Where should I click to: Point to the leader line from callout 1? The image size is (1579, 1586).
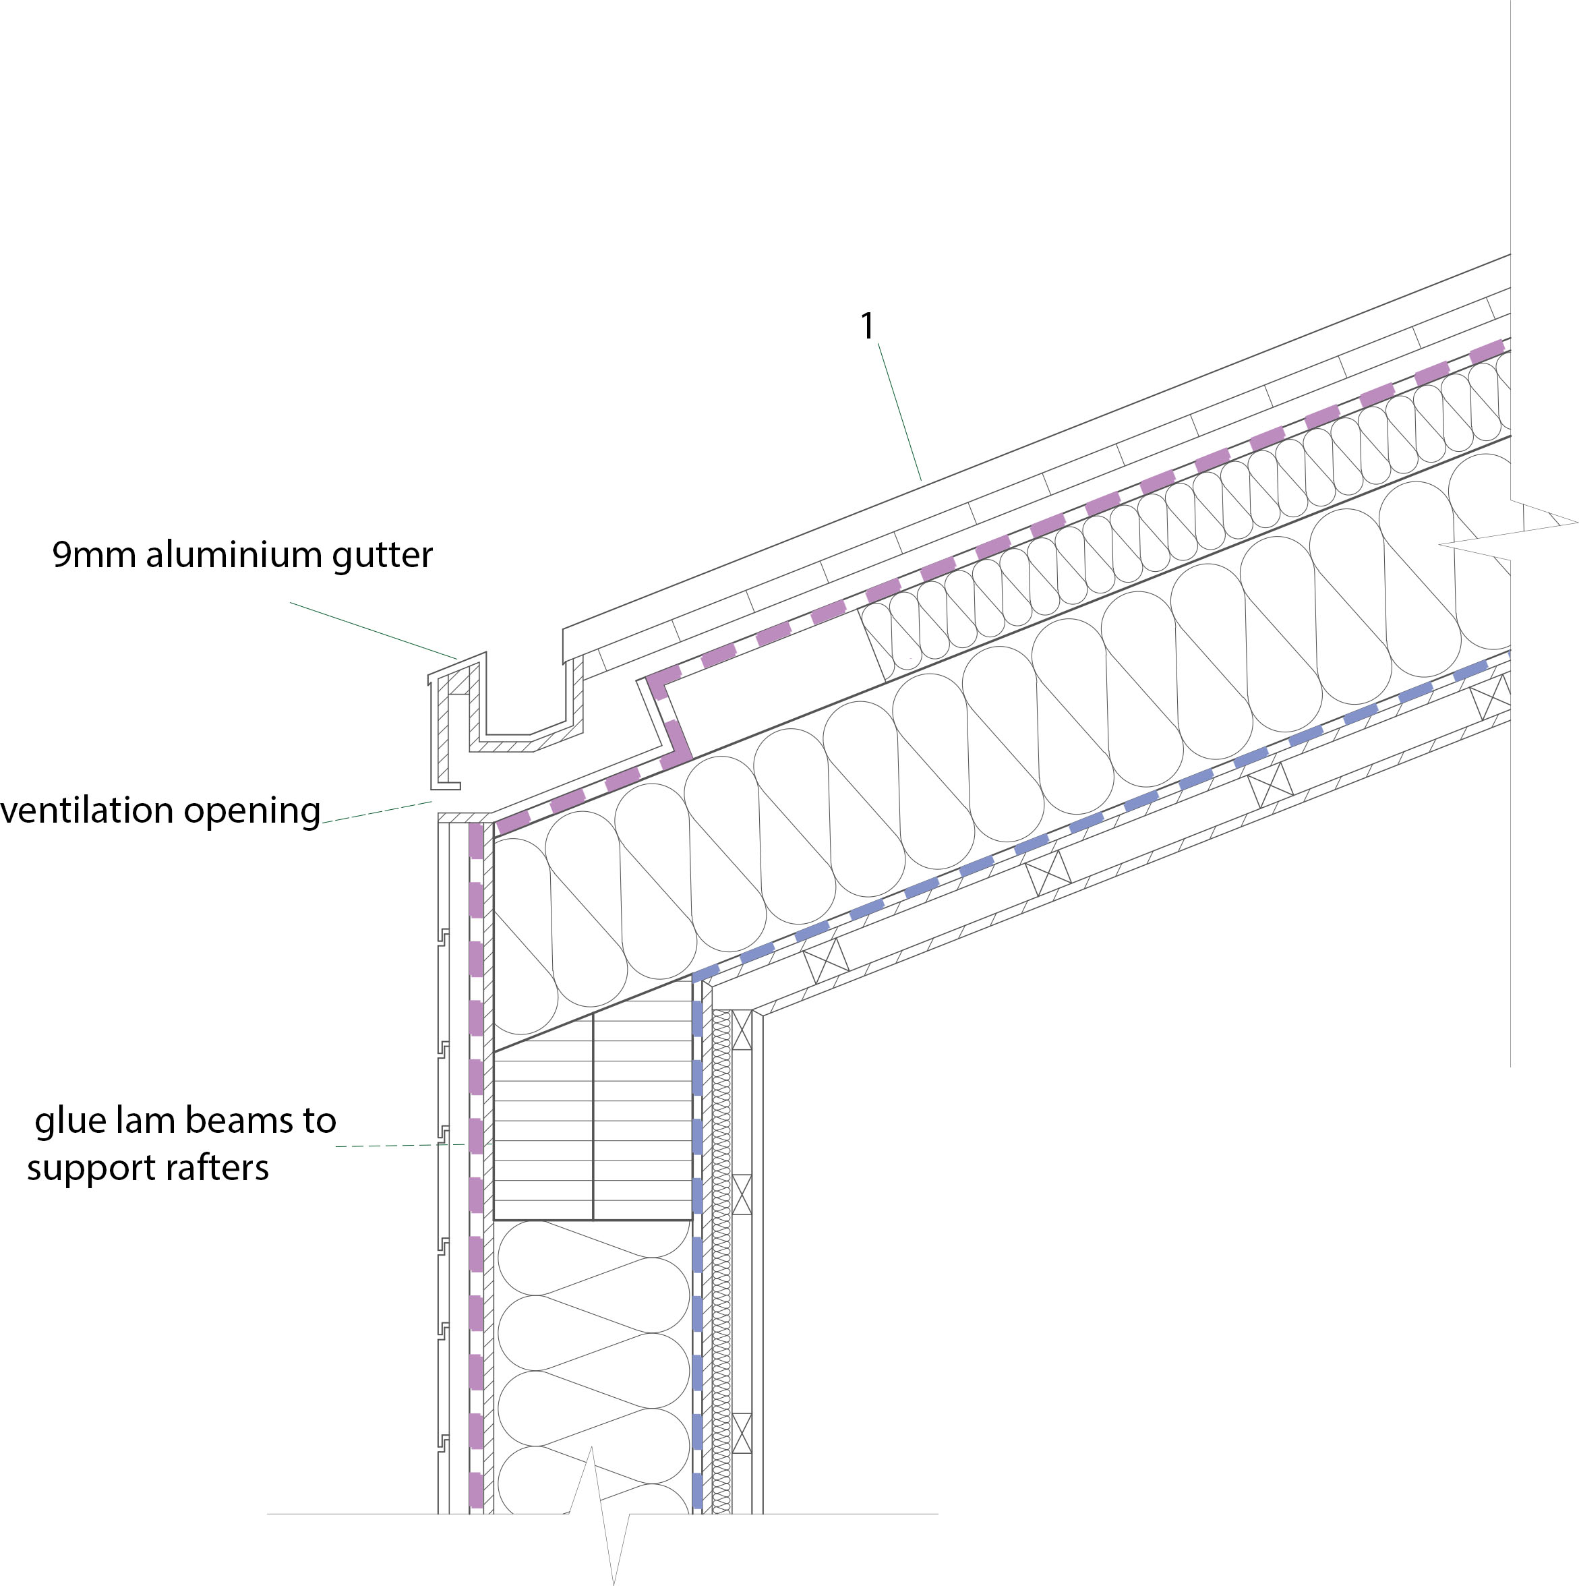(899, 411)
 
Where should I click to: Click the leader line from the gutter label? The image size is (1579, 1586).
(374, 630)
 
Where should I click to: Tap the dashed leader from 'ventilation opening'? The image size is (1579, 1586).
(377, 813)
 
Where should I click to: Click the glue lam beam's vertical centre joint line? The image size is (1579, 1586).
(593, 1117)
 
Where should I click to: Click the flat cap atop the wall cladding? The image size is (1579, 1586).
(464, 818)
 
